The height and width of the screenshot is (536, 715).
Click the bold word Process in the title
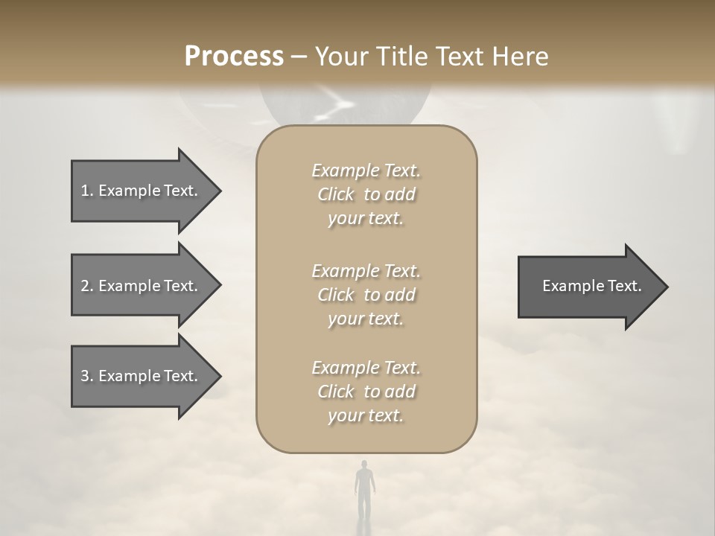click(234, 57)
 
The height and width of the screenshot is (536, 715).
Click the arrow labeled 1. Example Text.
click(142, 191)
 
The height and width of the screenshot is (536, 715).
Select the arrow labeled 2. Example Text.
click(142, 286)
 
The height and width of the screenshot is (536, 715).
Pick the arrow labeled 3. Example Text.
click(142, 376)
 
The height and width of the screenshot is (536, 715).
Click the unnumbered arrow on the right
click(588, 286)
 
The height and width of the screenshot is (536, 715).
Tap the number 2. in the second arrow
click(87, 286)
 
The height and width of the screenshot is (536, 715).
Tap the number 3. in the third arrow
click(87, 376)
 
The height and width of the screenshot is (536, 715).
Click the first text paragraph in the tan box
click(366, 194)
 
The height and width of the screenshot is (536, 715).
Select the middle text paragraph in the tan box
click(366, 295)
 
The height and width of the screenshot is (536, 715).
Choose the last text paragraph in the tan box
click(366, 392)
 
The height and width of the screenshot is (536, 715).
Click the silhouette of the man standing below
click(363, 491)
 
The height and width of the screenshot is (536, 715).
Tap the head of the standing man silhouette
click(363, 465)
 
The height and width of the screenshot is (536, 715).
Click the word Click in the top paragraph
click(336, 194)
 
